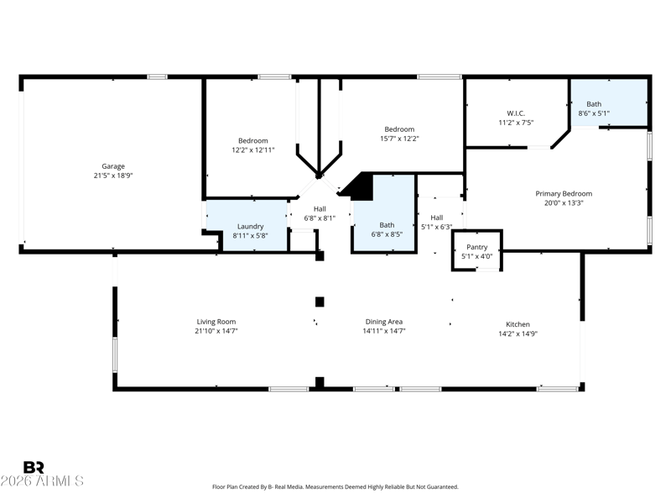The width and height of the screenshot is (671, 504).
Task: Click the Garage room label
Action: [113, 166]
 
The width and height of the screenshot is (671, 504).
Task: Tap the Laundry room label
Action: [250, 226]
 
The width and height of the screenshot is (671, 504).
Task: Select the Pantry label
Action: [476, 247]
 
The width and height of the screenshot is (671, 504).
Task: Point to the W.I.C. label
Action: [516, 113]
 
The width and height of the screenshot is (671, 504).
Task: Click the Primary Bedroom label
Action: [564, 194]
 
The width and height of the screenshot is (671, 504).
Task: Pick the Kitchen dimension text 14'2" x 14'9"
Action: [518, 333]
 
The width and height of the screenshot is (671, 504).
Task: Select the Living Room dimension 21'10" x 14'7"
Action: [216, 331]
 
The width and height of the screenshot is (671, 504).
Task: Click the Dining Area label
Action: [384, 322]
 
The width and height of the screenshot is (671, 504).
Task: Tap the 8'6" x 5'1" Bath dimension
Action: [594, 113]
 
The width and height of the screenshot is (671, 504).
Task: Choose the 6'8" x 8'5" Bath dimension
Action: [387, 234]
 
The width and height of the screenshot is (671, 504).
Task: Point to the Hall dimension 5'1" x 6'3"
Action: [436, 227]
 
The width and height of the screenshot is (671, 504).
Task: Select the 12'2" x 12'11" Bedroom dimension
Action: [253, 150]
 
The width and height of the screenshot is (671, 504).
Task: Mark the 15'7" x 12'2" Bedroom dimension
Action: [399, 139]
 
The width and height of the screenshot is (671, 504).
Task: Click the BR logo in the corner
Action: [34, 467]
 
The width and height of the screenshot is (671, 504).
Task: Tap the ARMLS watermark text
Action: [42, 480]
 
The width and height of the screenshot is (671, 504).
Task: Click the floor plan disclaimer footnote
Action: [335, 487]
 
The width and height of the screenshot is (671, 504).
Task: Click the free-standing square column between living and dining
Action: [320, 302]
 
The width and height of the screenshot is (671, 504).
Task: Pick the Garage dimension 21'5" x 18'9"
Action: [113, 176]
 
